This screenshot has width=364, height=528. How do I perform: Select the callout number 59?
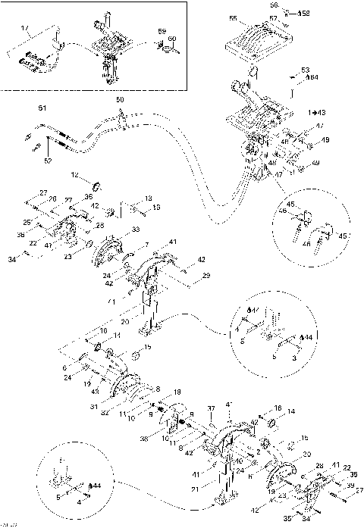click(162, 31)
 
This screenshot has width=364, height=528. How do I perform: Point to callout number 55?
click(233, 18)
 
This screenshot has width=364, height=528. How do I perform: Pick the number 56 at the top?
click(275, 5)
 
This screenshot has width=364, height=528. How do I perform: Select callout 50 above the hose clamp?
click(119, 100)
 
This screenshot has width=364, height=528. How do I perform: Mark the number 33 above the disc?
click(136, 229)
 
